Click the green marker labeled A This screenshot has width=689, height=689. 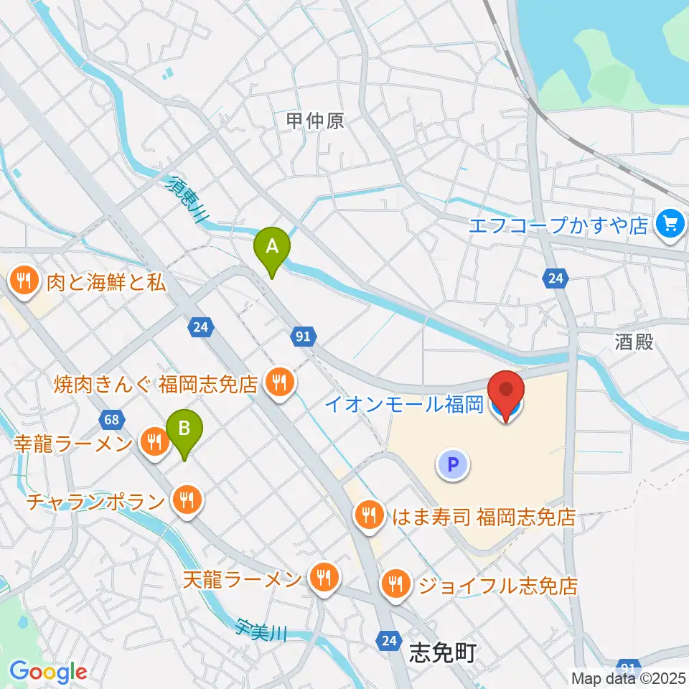click(x=272, y=248)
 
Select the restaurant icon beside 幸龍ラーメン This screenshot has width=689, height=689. click(x=153, y=442)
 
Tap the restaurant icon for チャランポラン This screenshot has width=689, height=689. click(x=188, y=500)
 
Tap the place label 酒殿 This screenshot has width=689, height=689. click(x=634, y=342)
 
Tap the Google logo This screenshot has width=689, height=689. click(x=48, y=672)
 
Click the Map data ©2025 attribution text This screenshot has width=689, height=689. click(x=628, y=678)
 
